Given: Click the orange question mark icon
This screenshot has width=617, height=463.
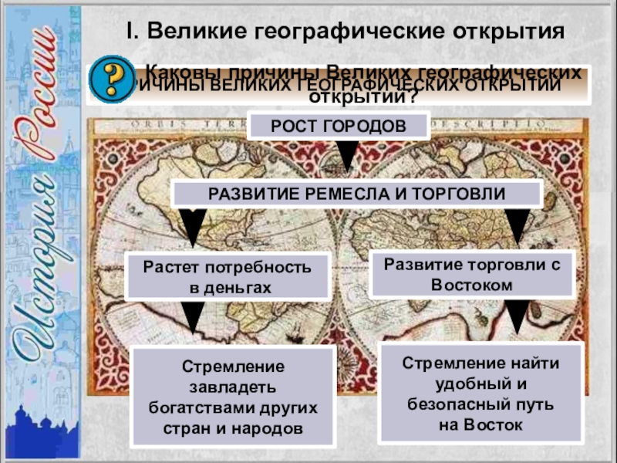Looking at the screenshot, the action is tap(110, 78).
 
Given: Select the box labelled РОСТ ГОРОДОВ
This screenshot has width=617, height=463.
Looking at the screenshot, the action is tap(337, 126).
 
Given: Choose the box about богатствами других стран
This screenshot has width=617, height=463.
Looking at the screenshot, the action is tap(233, 396).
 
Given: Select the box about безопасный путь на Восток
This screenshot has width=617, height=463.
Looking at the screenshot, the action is tap(481, 393).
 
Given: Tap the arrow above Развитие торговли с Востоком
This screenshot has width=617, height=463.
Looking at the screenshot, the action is tap(515, 225).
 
